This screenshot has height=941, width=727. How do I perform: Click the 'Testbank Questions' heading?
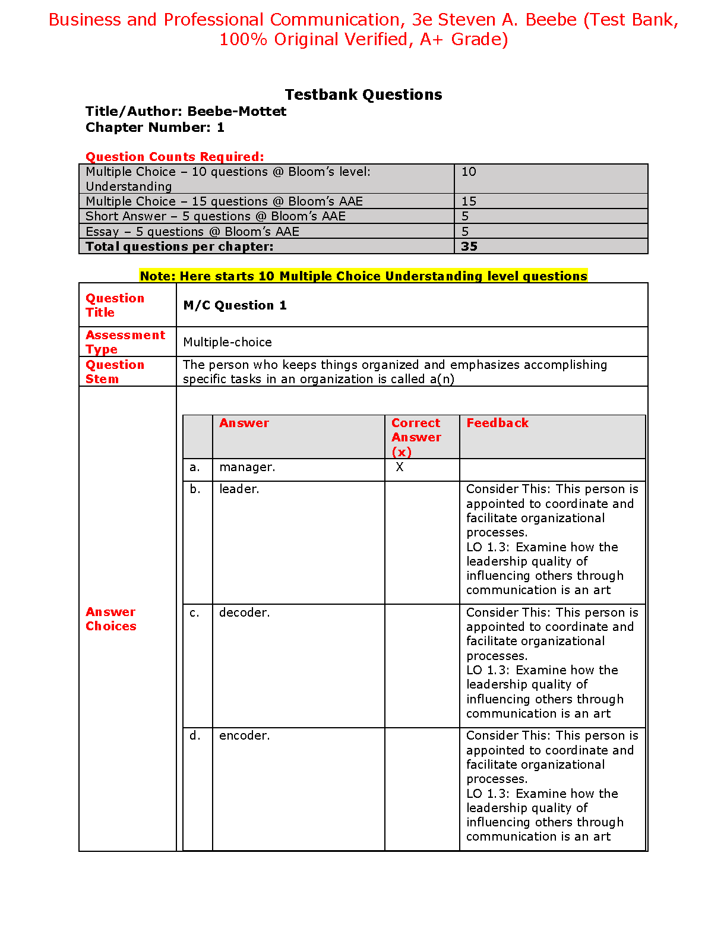363,94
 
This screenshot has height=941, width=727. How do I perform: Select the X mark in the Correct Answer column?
400,468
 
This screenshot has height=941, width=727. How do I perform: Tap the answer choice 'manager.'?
247,468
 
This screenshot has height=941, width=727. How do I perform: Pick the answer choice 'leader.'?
239,490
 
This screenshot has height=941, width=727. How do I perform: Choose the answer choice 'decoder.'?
244,612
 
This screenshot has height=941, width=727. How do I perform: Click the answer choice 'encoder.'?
244,735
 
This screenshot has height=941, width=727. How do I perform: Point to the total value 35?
469,247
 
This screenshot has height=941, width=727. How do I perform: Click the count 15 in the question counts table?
469,201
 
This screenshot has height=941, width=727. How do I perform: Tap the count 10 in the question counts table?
469,172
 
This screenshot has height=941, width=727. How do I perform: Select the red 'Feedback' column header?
497,423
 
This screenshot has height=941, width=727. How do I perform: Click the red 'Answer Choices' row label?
111,619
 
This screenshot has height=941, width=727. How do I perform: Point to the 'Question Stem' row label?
115,372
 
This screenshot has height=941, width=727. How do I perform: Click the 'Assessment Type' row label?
125,342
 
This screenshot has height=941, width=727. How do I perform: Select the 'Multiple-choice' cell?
227,342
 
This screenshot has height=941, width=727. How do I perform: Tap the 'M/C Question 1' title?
235,305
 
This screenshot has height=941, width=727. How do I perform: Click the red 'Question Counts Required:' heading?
175,157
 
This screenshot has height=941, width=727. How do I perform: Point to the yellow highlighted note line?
363,276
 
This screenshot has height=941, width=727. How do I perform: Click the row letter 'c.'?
195,612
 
